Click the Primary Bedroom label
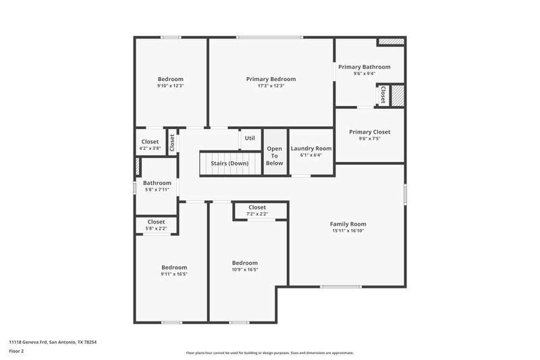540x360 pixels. [271, 79]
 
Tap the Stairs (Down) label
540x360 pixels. [229, 163]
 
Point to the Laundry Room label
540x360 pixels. [311, 149]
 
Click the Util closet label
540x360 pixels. [250, 138]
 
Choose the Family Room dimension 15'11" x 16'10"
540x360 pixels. [348, 230]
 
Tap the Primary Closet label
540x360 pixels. [369, 132]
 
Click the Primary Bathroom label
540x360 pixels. [364, 67]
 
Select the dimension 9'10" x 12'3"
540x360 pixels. [171, 86]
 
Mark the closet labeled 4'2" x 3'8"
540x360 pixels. [151, 148]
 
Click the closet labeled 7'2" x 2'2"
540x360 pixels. [257, 214]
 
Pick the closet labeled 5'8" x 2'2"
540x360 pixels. [156, 228]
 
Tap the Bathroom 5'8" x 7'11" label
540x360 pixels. [157, 190]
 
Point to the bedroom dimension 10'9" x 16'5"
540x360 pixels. [245, 269]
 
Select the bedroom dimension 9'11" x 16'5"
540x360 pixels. [174, 274]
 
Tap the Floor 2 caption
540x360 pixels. [17, 351]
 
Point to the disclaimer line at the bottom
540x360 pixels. [270, 353]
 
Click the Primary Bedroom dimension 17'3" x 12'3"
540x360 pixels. [271, 86]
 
